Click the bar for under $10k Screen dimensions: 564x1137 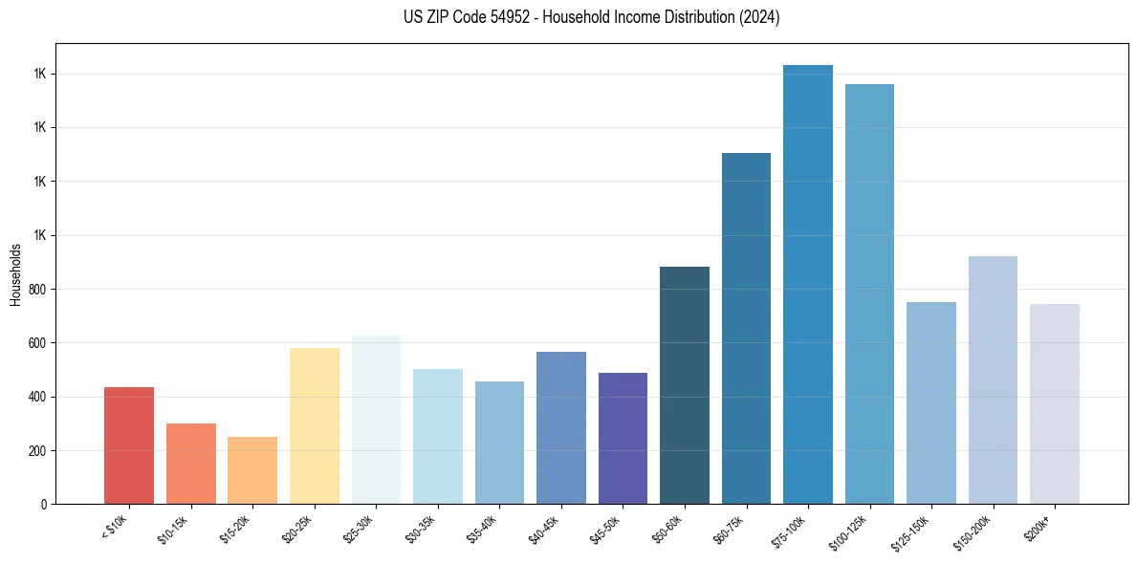(x=129, y=445)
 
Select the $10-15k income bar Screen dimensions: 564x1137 (x=190, y=464)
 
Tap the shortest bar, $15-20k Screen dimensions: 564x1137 (x=252, y=470)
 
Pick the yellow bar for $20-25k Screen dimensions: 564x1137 (x=314, y=425)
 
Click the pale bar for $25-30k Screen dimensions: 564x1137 (x=376, y=420)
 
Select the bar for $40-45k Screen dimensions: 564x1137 (x=561, y=427)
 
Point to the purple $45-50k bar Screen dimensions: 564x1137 (x=623, y=438)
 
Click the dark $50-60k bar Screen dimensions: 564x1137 (x=685, y=385)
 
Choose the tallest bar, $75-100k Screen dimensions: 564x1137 (x=808, y=284)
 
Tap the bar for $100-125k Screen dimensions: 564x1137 (x=869, y=293)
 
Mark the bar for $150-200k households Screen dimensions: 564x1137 (x=993, y=380)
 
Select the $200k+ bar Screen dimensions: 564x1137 (x=1055, y=403)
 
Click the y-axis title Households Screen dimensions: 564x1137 (x=15, y=274)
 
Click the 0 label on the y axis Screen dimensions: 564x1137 (x=44, y=504)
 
